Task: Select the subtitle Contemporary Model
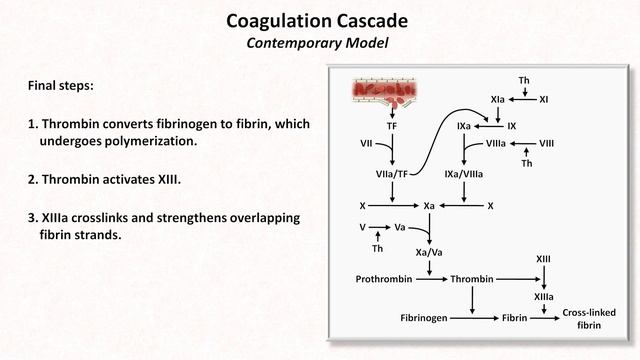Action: point(319,43)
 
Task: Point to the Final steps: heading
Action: point(61,86)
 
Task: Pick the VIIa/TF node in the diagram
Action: point(392,174)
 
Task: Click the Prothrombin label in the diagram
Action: point(384,279)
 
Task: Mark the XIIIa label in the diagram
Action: point(544,297)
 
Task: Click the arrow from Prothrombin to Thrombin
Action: point(433,279)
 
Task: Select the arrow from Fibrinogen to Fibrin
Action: point(474,317)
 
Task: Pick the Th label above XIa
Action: point(523,79)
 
